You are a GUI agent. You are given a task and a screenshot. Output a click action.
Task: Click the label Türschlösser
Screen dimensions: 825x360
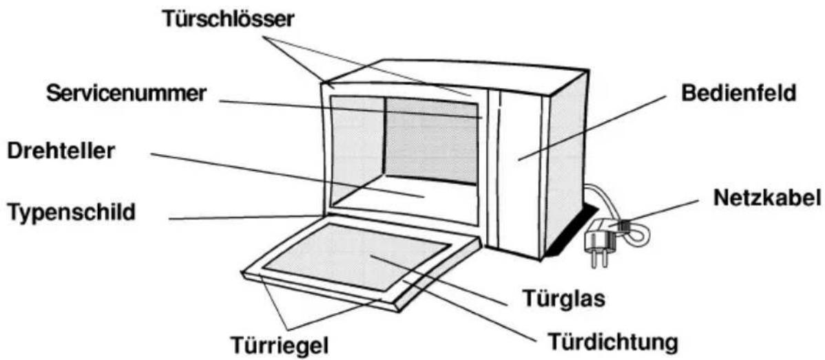(228, 20)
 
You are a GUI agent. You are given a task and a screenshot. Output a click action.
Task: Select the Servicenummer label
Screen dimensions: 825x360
(125, 94)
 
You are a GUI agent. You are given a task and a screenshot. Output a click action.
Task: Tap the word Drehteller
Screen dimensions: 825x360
(61, 151)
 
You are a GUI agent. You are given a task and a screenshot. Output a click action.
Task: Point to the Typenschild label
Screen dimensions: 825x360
(71, 213)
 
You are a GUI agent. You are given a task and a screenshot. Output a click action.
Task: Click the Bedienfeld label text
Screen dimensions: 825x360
(739, 94)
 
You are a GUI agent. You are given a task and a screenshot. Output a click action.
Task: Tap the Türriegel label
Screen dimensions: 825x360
(280, 346)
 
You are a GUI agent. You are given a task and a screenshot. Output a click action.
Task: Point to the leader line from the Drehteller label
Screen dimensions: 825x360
(287, 175)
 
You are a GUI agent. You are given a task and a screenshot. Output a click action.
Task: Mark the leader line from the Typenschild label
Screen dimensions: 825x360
(244, 218)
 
